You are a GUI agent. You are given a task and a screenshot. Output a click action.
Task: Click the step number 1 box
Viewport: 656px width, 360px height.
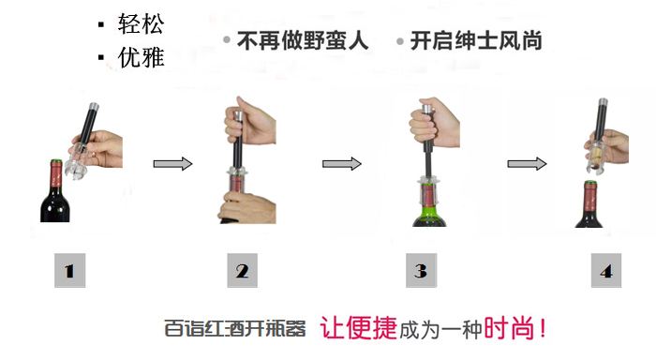click(x=70, y=270)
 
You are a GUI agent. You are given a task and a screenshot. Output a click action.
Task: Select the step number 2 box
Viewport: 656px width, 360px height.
click(x=242, y=270)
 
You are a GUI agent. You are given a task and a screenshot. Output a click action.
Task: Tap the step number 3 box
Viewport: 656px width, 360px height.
click(x=422, y=270)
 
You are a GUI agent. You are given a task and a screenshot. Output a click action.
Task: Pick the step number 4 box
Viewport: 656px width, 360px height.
click(x=606, y=270)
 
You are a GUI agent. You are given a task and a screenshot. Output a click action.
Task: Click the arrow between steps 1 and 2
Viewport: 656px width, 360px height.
click(x=172, y=163)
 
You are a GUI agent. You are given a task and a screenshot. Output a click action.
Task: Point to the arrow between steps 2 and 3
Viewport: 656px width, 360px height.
click(x=341, y=163)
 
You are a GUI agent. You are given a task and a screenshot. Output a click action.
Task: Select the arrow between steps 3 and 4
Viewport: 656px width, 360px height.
click(x=527, y=163)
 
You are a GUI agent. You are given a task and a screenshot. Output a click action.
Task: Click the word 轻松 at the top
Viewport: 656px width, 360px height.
click(x=141, y=23)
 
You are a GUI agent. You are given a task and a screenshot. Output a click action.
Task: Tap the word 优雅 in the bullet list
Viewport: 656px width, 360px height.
click(x=141, y=57)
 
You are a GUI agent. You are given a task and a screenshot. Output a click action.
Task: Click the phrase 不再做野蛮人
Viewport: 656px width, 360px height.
click(x=303, y=40)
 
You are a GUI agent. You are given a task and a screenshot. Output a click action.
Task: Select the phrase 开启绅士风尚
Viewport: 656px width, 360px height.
click(x=476, y=40)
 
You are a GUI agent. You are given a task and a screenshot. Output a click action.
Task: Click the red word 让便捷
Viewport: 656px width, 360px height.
click(x=359, y=328)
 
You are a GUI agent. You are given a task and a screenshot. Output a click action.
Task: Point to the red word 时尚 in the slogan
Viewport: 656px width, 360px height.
click(x=509, y=328)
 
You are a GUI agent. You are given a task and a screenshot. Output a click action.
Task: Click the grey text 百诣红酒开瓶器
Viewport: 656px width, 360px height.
click(x=234, y=328)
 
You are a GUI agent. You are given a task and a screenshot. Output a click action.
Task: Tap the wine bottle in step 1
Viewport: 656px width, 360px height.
click(x=55, y=191)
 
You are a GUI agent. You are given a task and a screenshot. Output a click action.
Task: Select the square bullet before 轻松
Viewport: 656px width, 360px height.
click(x=101, y=24)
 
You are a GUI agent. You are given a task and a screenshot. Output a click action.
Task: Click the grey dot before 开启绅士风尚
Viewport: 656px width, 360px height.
click(x=400, y=41)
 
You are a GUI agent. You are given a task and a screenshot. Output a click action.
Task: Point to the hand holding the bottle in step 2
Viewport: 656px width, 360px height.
click(x=247, y=207)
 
